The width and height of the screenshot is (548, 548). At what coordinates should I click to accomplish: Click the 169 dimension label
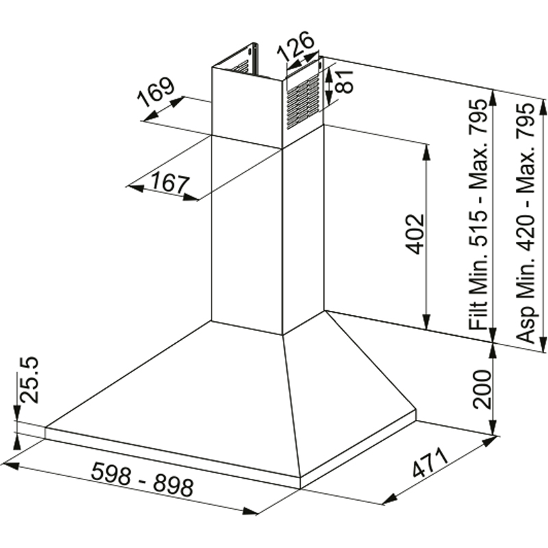[155, 94]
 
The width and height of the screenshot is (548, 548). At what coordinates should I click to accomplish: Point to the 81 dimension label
[345, 80]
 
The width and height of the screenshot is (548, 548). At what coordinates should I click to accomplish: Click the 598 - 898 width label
[142, 479]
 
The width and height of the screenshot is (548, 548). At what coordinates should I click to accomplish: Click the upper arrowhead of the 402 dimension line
[427, 150]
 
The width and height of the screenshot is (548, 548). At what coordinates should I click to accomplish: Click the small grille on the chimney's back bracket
[239, 66]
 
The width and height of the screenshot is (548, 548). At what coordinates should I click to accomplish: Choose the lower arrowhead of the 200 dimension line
[492, 427]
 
